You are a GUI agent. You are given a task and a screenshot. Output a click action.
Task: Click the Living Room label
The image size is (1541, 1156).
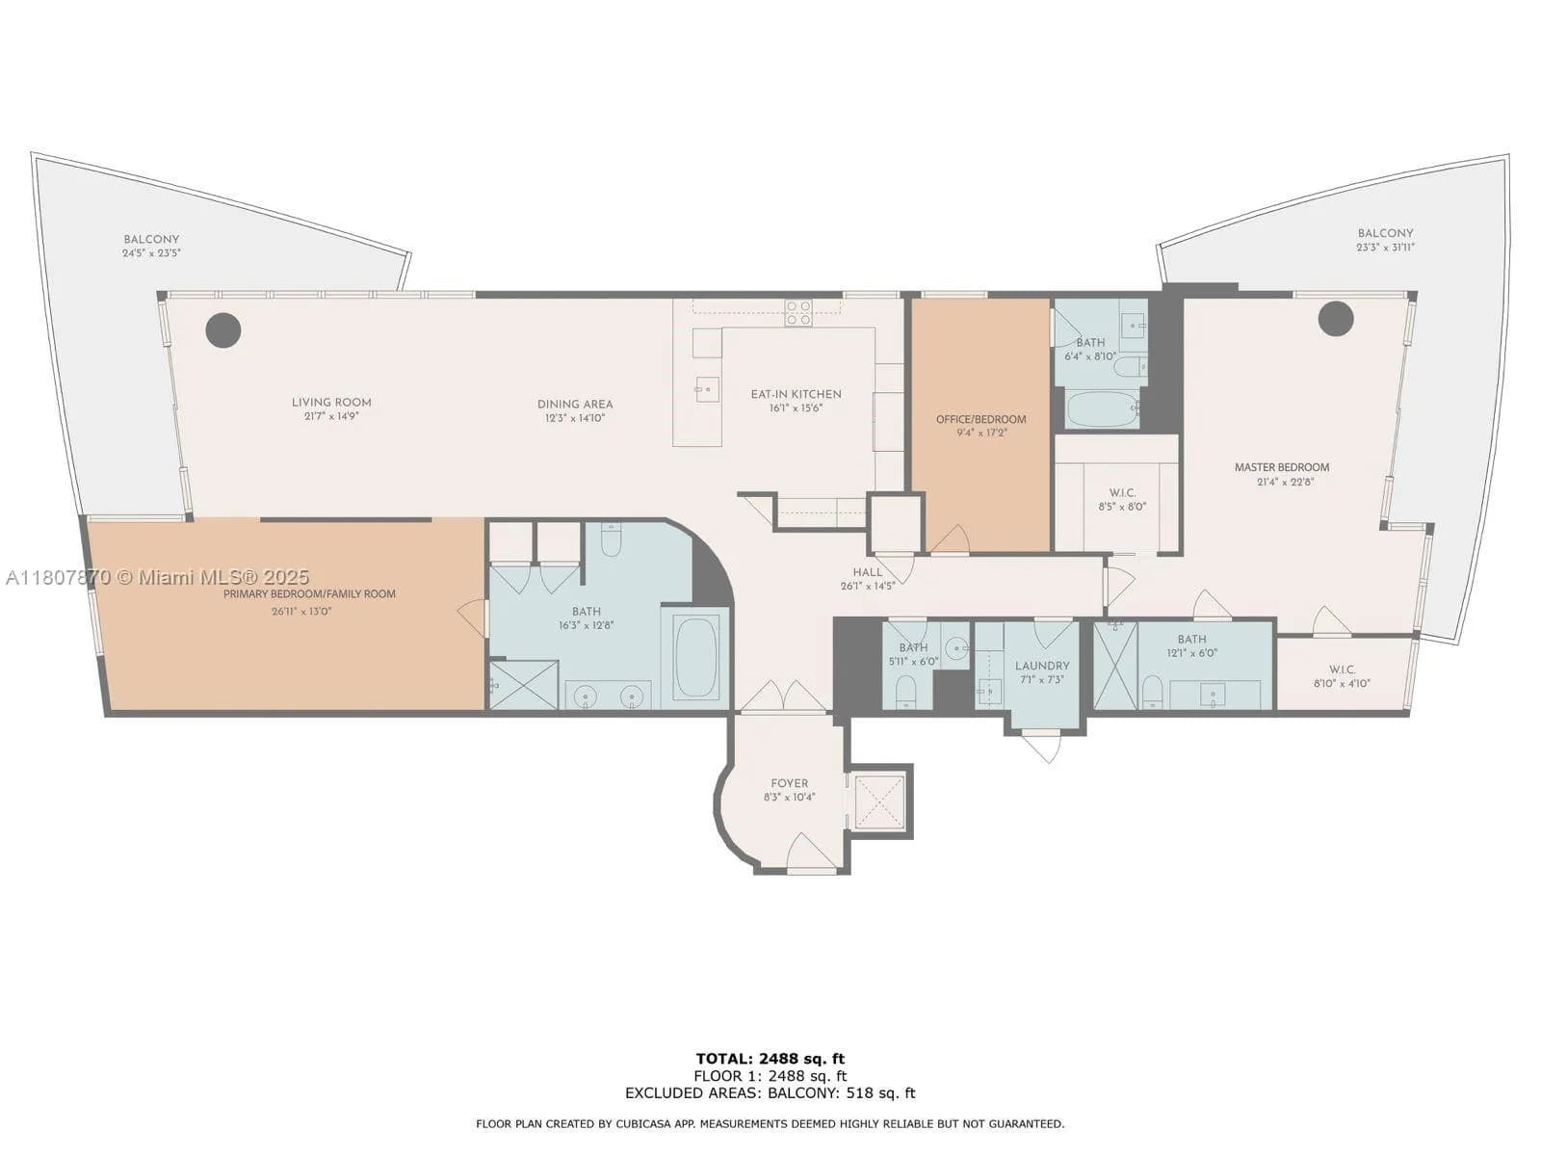(331, 403)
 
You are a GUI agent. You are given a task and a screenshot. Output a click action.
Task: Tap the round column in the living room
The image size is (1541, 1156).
(222, 330)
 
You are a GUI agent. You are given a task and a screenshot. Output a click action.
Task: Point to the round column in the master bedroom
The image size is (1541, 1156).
(1336, 318)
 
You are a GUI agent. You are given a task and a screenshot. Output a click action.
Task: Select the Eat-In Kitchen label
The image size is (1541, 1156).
(796, 394)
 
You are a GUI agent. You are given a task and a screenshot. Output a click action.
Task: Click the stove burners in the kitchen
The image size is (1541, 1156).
(798, 311)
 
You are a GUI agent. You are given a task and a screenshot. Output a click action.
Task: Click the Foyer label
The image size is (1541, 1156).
(789, 783)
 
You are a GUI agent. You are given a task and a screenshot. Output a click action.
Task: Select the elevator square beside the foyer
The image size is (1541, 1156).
(877, 801)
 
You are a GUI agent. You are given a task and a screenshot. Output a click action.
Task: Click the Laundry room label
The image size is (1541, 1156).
(1041, 666)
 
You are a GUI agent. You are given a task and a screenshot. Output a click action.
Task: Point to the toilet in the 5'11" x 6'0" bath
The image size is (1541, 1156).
(905, 691)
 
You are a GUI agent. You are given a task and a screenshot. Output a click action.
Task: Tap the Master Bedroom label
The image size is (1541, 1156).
(1281, 467)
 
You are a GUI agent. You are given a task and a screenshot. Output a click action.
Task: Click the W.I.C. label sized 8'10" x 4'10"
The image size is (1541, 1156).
(1342, 670)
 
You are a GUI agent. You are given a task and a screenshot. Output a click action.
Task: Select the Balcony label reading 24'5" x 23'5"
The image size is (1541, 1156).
(151, 240)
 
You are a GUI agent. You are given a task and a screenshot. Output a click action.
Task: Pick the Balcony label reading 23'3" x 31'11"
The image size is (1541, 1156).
(1385, 233)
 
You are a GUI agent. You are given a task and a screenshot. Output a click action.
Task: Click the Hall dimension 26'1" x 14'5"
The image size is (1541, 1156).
(867, 586)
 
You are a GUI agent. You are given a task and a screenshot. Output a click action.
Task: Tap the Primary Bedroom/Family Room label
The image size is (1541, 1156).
(309, 594)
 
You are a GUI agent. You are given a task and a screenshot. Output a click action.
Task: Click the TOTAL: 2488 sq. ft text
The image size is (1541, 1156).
(770, 1059)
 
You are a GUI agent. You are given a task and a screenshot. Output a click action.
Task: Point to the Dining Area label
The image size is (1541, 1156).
(575, 405)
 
